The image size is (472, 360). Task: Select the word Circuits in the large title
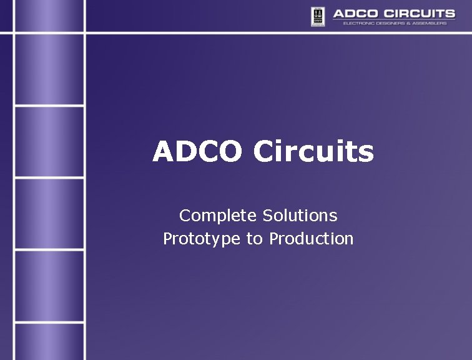313,151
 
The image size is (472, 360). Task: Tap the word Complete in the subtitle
218,216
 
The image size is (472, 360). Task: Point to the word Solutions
300,216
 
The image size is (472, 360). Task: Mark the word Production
312,239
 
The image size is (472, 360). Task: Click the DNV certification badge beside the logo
318,16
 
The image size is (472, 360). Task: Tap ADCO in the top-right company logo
355,13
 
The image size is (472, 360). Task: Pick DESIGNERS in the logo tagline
396,23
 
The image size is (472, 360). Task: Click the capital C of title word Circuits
264,152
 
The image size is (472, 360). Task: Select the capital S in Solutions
268,216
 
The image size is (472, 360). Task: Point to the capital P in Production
274,239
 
